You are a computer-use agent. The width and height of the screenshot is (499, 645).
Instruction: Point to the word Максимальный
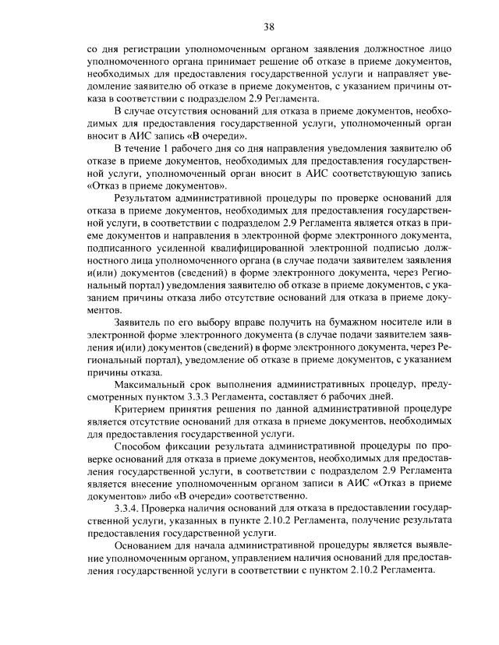(152, 384)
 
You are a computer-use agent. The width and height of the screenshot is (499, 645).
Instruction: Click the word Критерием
(143, 409)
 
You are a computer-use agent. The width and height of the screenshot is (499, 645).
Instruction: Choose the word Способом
(140, 446)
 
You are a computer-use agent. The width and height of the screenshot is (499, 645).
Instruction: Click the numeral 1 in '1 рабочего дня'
(165, 147)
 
